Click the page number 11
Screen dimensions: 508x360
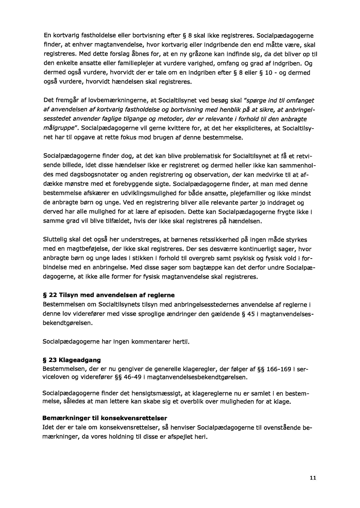coord(313,478)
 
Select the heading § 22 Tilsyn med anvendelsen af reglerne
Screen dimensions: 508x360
coord(109,295)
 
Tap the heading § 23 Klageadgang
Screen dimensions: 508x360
coord(72,360)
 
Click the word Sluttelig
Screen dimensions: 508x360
coord(57,239)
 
